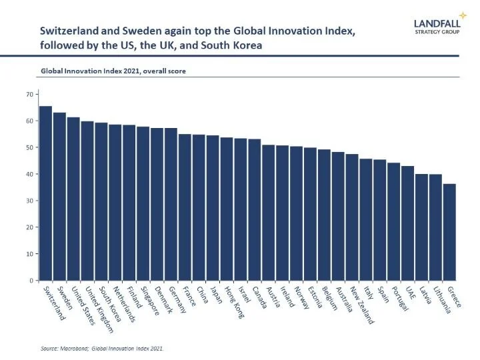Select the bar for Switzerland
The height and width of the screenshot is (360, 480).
[x=45, y=193]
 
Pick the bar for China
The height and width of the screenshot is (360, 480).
[x=199, y=207]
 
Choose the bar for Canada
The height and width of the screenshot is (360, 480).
[x=254, y=209]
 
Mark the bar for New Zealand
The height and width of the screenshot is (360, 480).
[x=352, y=217]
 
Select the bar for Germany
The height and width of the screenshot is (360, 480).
[x=171, y=204]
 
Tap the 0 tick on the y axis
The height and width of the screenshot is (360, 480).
[x=31, y=281]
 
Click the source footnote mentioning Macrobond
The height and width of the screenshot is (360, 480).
[x=100, y=348]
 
